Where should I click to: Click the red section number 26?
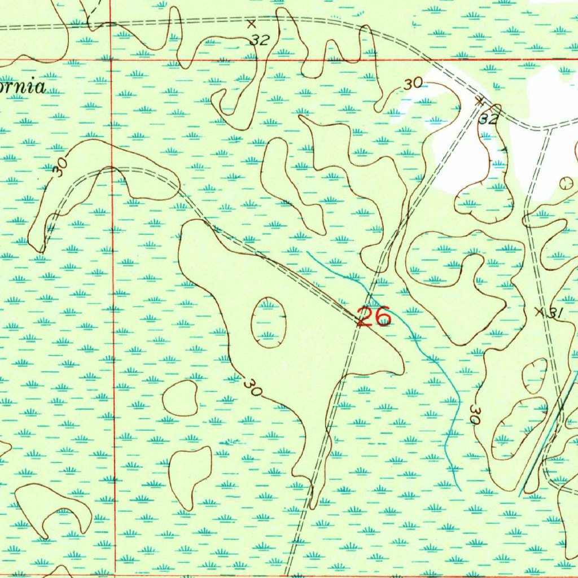pyautogui.click(x=375, y=317)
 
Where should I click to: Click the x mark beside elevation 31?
pyautogui.click(x=539, y=311)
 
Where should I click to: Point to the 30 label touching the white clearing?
pyautogui.click(x=413, y=84)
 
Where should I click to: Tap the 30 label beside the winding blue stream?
pyautogui.click(x=475, y=416)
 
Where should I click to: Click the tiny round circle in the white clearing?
pyautogui.click(x=566, y=183)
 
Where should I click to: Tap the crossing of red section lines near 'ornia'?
pyautogui.click(x=112, y=59)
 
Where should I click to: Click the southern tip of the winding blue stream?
pyautogui.click(x=460, y=490)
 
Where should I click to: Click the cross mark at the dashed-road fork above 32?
pyautogui.click(x=480, y=102)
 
